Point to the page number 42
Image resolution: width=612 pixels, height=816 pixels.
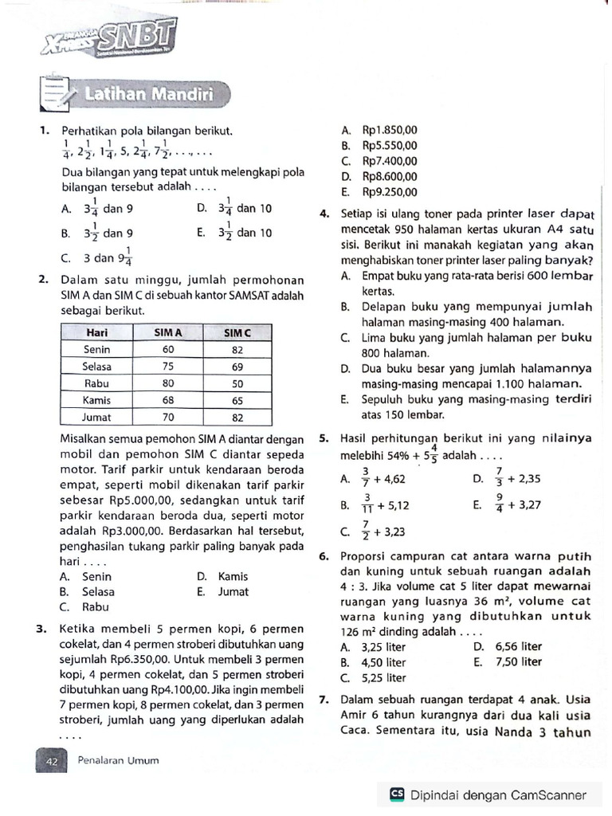coord(53,760)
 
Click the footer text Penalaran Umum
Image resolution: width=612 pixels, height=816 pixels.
coord(118,760)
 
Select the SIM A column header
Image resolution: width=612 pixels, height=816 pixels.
coord(168,331)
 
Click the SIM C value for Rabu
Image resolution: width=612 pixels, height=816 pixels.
coord(237,383)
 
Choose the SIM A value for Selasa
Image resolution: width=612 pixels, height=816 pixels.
coord(168,366)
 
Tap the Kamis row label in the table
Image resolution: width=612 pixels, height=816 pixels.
coord(96,400)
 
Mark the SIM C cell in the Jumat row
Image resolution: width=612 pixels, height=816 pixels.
coord(237,417)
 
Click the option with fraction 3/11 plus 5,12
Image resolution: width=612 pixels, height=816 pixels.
coord(375,504)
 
